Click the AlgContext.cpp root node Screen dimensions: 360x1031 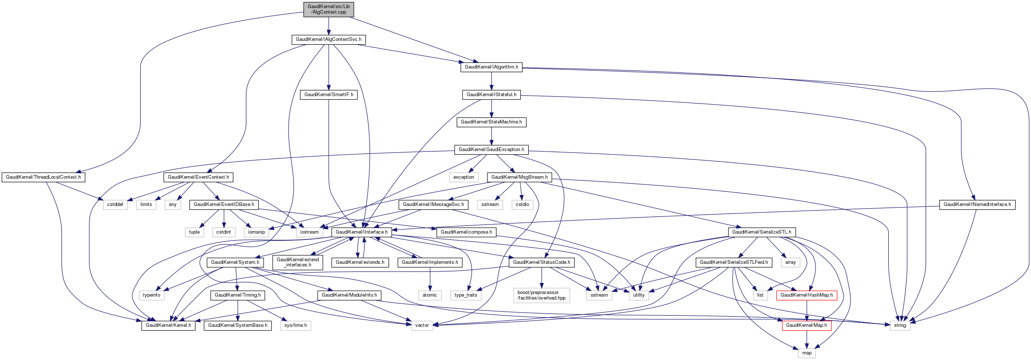pyautogui.click(x=329, y=9)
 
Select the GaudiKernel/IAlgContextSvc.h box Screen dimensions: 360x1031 pyautogui.click(x=328, y=39)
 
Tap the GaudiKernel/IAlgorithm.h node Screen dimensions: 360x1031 pyautogui.click(x=491, y=67)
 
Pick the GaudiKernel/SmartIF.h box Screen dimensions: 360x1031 pyautogui.click(x=329, y=95)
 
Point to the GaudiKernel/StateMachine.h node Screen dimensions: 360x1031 pyautogui.click(x=491, y=122)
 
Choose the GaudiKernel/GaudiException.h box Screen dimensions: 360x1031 pyautogui.click(x=491, y=150)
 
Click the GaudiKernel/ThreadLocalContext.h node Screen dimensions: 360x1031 pyautogui.click(x=43, y=177)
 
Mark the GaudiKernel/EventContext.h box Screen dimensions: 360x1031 pyautogui.click(x=198, y=177)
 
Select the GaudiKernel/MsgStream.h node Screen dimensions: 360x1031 pyautogui.click(x=519, y=177)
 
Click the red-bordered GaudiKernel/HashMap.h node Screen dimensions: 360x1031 pyautogui.click(x=806, y=295)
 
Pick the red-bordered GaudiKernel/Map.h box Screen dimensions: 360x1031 pyautogui.click(x=806, y=326)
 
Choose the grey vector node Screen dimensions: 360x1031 pyautogui.click(x=422, y=326)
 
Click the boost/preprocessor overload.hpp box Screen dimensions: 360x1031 pyautogui.click(x=541, y=295)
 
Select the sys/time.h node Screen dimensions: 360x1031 pyautogui.click(x=295, y=326)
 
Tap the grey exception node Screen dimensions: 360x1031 pyautogui.click(x=463, y=177)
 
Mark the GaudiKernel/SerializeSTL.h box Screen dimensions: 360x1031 pyautogui.click(x=761, y=233)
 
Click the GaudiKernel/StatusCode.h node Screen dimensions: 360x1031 pyautogui.click(x=541, y=262)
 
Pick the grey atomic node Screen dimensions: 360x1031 pyautogui.click(x=429, y=295)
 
